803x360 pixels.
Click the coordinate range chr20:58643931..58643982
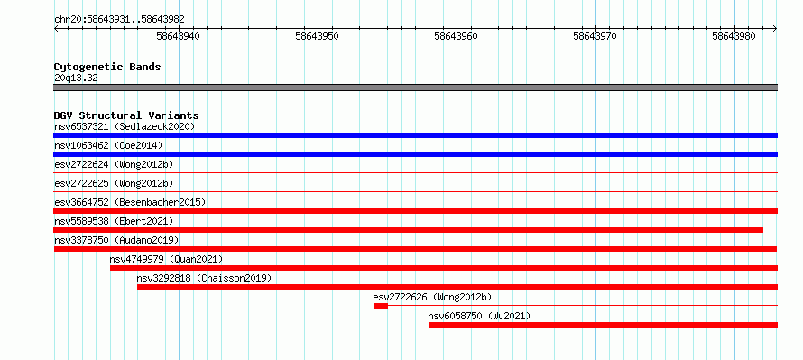119,20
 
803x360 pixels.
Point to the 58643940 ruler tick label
179,36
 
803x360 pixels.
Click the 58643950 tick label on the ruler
317,36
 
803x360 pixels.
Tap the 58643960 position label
456,36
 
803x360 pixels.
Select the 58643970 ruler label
595,36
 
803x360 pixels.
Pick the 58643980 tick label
734,36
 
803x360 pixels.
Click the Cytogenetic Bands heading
107,67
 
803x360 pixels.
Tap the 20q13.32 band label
76,78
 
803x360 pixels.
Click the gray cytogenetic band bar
415,88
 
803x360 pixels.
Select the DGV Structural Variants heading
126,115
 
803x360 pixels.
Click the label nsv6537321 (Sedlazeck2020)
125,126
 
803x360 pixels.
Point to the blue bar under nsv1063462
415,154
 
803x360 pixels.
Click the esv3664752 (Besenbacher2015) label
130,202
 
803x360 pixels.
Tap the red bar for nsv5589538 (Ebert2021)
408,230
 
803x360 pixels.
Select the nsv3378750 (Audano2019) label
116,240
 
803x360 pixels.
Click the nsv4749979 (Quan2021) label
166,259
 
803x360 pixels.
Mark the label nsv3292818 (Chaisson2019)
204,278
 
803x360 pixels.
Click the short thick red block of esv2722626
381,306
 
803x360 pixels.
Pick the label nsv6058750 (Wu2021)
479,316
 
